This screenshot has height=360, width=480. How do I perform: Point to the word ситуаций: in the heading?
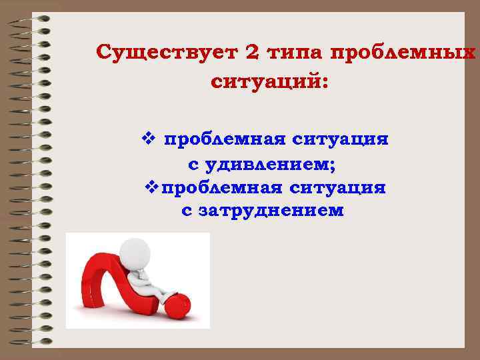point(269,83)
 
